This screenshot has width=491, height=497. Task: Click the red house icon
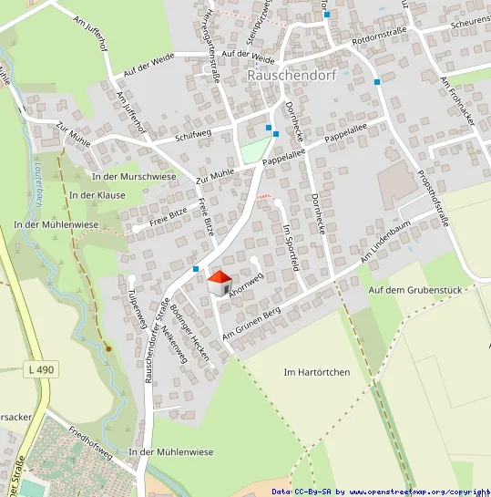pyautogui.click(x=220, y=283)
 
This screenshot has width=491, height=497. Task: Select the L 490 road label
pyautogui.click(x=41, y=369)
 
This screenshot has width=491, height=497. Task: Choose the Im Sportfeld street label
pyautogui.click(x=292, y=245)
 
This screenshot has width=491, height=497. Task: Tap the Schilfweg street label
pyautogui.click(x=192, y=137)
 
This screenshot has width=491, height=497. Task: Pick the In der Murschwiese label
pyautogui.click(x=134, y=175)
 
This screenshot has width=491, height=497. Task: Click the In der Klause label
pyautogui.click(x=97, y=195)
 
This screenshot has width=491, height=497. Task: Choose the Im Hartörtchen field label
pyautogui.click(x=315, y=372)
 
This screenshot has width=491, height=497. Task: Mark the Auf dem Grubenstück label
pyautogui.click(x=417, y=290)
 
